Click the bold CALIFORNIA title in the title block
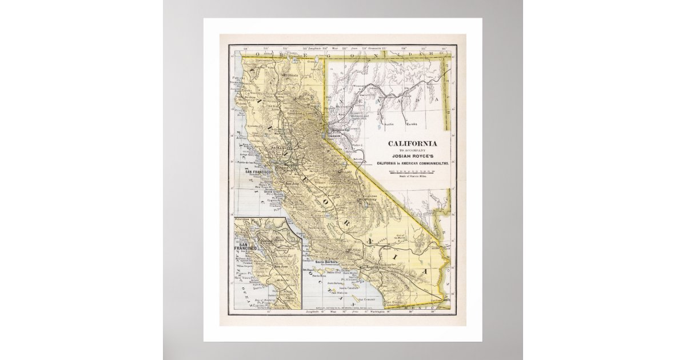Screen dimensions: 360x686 [413, 143]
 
